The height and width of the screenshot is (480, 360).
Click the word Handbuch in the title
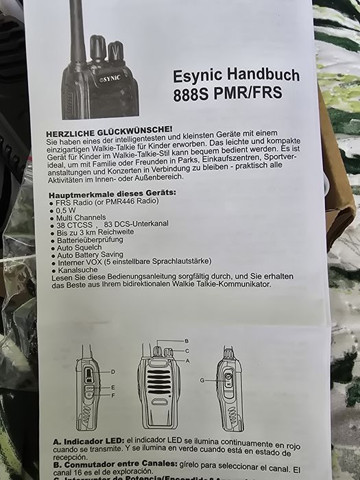(248, 77)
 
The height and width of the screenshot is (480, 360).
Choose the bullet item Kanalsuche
(74, 270)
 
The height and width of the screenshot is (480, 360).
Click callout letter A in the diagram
(187, 360)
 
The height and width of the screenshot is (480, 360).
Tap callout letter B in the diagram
(187, 341)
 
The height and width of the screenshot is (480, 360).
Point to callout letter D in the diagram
(112, 372)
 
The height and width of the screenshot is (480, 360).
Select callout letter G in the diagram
(202, 379)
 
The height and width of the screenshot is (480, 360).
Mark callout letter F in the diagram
(112, 395)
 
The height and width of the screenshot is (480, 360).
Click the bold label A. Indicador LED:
(88, 440)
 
